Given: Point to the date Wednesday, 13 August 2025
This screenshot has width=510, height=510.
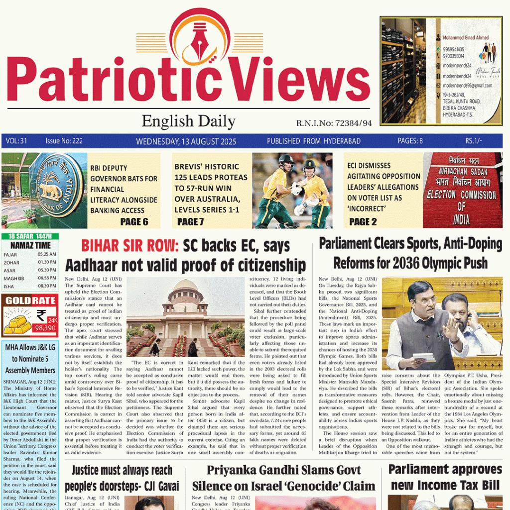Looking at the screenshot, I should [x=186, y=141].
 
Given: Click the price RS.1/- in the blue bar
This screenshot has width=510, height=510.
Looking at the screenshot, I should [x=474, y=141].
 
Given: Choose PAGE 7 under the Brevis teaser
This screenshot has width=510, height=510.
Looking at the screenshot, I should [x=190, y=221].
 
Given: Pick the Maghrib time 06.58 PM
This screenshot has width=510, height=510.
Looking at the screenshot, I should [x=47, y=278].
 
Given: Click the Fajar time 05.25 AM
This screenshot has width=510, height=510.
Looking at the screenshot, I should [x=47, y=254].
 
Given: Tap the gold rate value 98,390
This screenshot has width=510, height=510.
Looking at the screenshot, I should [x=44, y=328].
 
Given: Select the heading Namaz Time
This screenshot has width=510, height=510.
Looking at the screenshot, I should [x=29, y=245].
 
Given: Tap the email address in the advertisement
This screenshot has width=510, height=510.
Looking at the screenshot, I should [x=467, y=86].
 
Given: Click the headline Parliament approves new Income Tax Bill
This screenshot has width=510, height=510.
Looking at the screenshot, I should [x=445, y=477].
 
